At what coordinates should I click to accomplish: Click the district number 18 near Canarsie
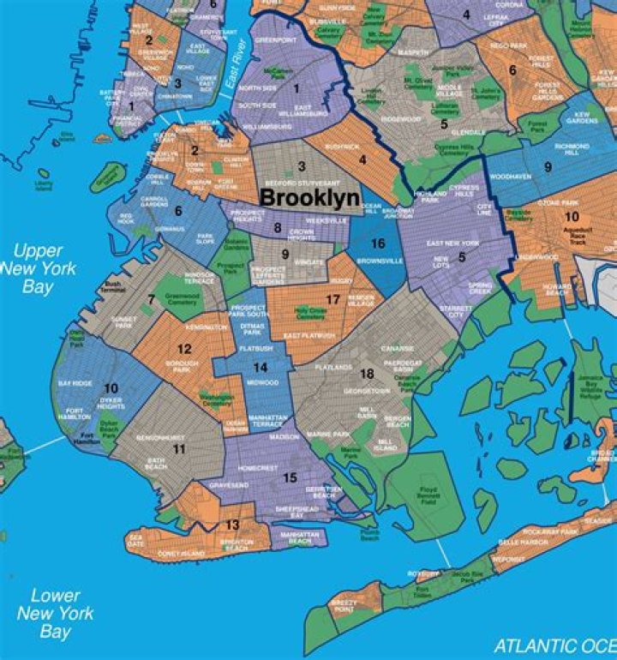(x=367, y=374)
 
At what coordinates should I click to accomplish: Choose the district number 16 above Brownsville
(x=377, y=244)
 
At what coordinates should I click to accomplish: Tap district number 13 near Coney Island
(x=231, y=525)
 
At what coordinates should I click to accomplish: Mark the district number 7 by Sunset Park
(x=151, y=299)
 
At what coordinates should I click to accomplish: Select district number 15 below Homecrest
(x=290, y=477)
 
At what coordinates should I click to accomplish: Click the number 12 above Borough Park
(x=184, y=349)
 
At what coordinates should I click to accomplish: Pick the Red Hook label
(x=125, y=219)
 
